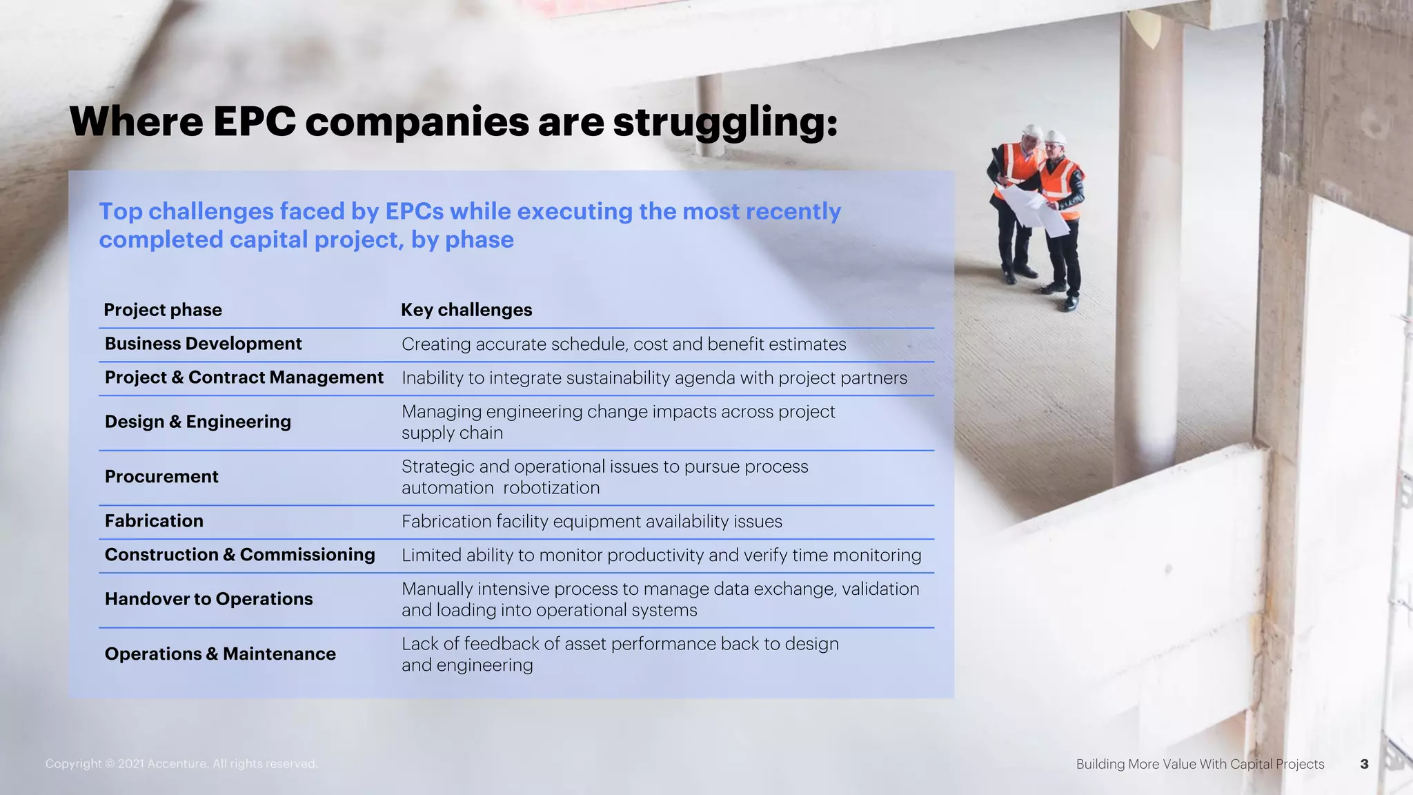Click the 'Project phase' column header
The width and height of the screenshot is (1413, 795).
coord(163,310)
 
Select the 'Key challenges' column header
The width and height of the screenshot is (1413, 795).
coord(466,310)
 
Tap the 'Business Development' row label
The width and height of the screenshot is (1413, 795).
coord(203,344)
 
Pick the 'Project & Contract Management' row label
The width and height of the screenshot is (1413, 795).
coord(244,377)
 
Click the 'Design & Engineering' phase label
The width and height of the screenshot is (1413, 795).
coord(197,422)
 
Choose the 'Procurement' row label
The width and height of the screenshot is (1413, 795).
coord(161,477)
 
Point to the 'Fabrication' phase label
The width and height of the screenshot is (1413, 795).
coord(154,521)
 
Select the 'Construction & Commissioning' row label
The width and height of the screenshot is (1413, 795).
coord(239,555)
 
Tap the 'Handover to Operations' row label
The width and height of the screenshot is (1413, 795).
coord(208,599)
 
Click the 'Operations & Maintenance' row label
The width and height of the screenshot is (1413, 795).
coord(220,654)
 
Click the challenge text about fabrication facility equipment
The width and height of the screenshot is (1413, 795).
coord(591,522)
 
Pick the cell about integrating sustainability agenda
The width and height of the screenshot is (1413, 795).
coord(654,378)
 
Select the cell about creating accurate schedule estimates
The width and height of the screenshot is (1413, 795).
coord(623,344)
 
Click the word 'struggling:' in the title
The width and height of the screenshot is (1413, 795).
coord(725,122)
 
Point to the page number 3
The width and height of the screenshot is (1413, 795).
coord(1364,764)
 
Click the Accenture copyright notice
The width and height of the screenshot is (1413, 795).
coord(181,764)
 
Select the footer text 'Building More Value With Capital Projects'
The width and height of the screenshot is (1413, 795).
coord(1200,764)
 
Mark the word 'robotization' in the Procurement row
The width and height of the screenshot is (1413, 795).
coord(551,488)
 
